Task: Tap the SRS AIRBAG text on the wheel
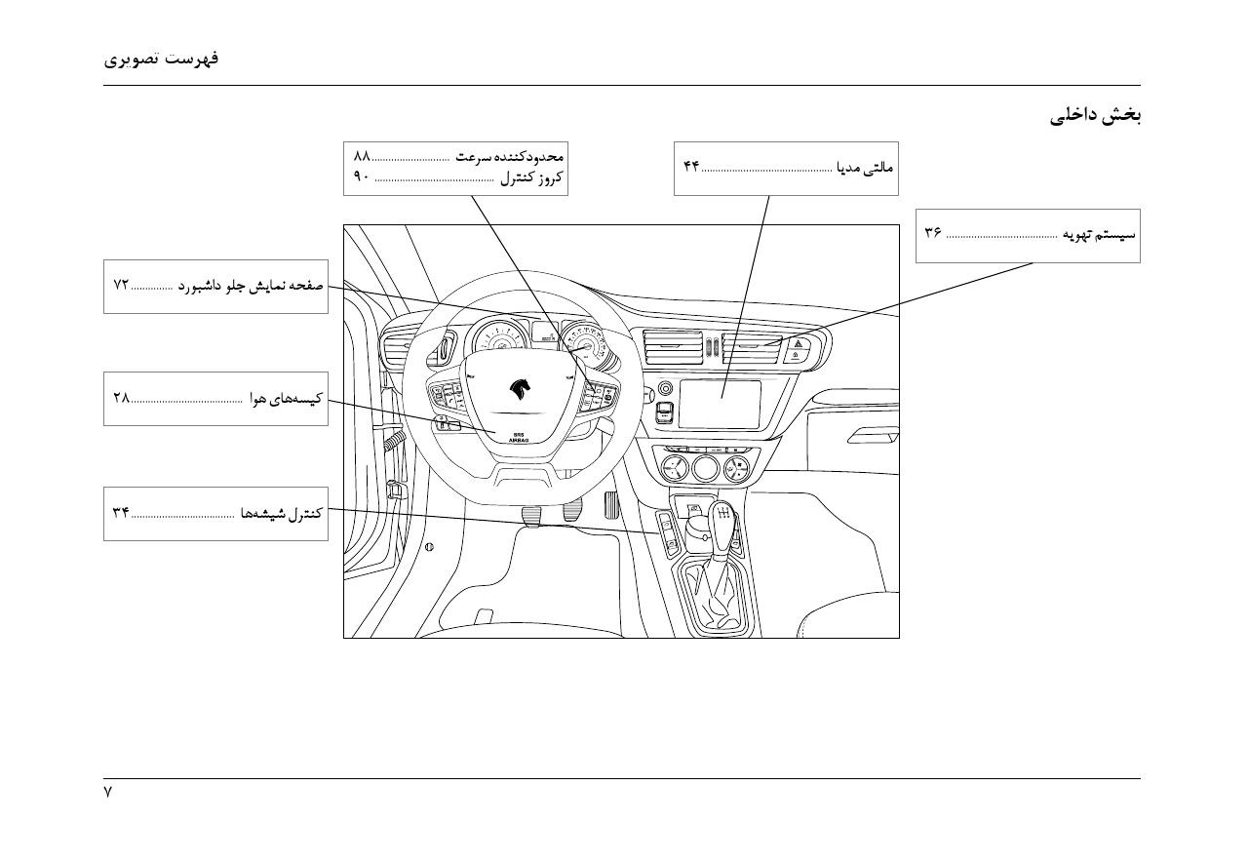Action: pyautogui.click(x=519, y=437)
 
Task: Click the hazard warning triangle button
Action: pyautogui.click(x=799, y=343)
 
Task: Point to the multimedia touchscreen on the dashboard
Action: pyautogui.click(x=720, y=404)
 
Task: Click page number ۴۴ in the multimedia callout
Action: pyautogui.click(x=691, y=166)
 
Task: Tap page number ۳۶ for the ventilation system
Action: pyautogui.click(x=933, y=232)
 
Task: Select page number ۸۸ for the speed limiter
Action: pyautogui.click(x=362, y=156)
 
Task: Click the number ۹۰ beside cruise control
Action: pyautogui.click(x=362, y=177)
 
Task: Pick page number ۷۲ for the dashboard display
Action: pyautogui.click(x=121, y=285)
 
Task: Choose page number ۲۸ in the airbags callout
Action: pyautogui.click(x=122, y=398)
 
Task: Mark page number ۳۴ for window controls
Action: pyautogui.click(x=121, y=512)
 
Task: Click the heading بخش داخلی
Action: pyautogui.click(x=1095, y=115)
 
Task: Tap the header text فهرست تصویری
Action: pyautogui.click(x=161, y=59)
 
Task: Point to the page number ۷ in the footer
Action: pyautogui.click(x=107, y=792)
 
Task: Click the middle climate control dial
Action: pyautogui.click(x=705, y=468)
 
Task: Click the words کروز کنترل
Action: pyautogui.click(x=531, y=177)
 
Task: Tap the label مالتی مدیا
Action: pyautogui.click(x=865, y=167)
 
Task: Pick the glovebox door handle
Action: pyautogui.click(x=873, y=435)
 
